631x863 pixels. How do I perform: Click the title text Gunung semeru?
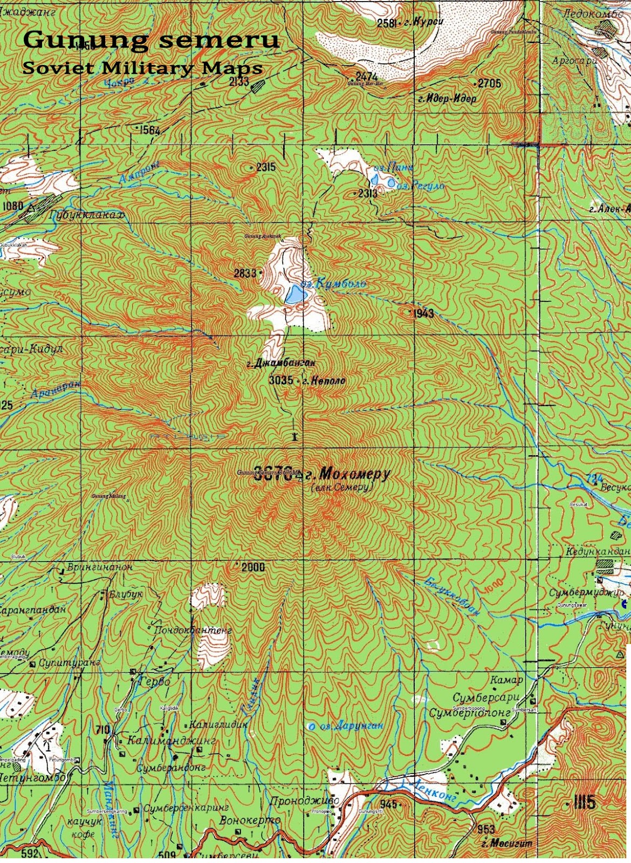tap(152, 40)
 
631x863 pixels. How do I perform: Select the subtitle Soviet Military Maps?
tap(142, 68)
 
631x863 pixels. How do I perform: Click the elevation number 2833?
tap(245, 273)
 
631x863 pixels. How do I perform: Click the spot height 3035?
tap(280, 380)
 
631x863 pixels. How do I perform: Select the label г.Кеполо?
tap(324, 381)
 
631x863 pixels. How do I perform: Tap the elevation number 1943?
tap(424, 313)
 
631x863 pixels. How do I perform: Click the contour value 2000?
tap(253, 567)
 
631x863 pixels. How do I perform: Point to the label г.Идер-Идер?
tap(447, 99)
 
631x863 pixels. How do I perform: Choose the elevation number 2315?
tap(266, 167)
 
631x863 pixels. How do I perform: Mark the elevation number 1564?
tap(149, 130)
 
